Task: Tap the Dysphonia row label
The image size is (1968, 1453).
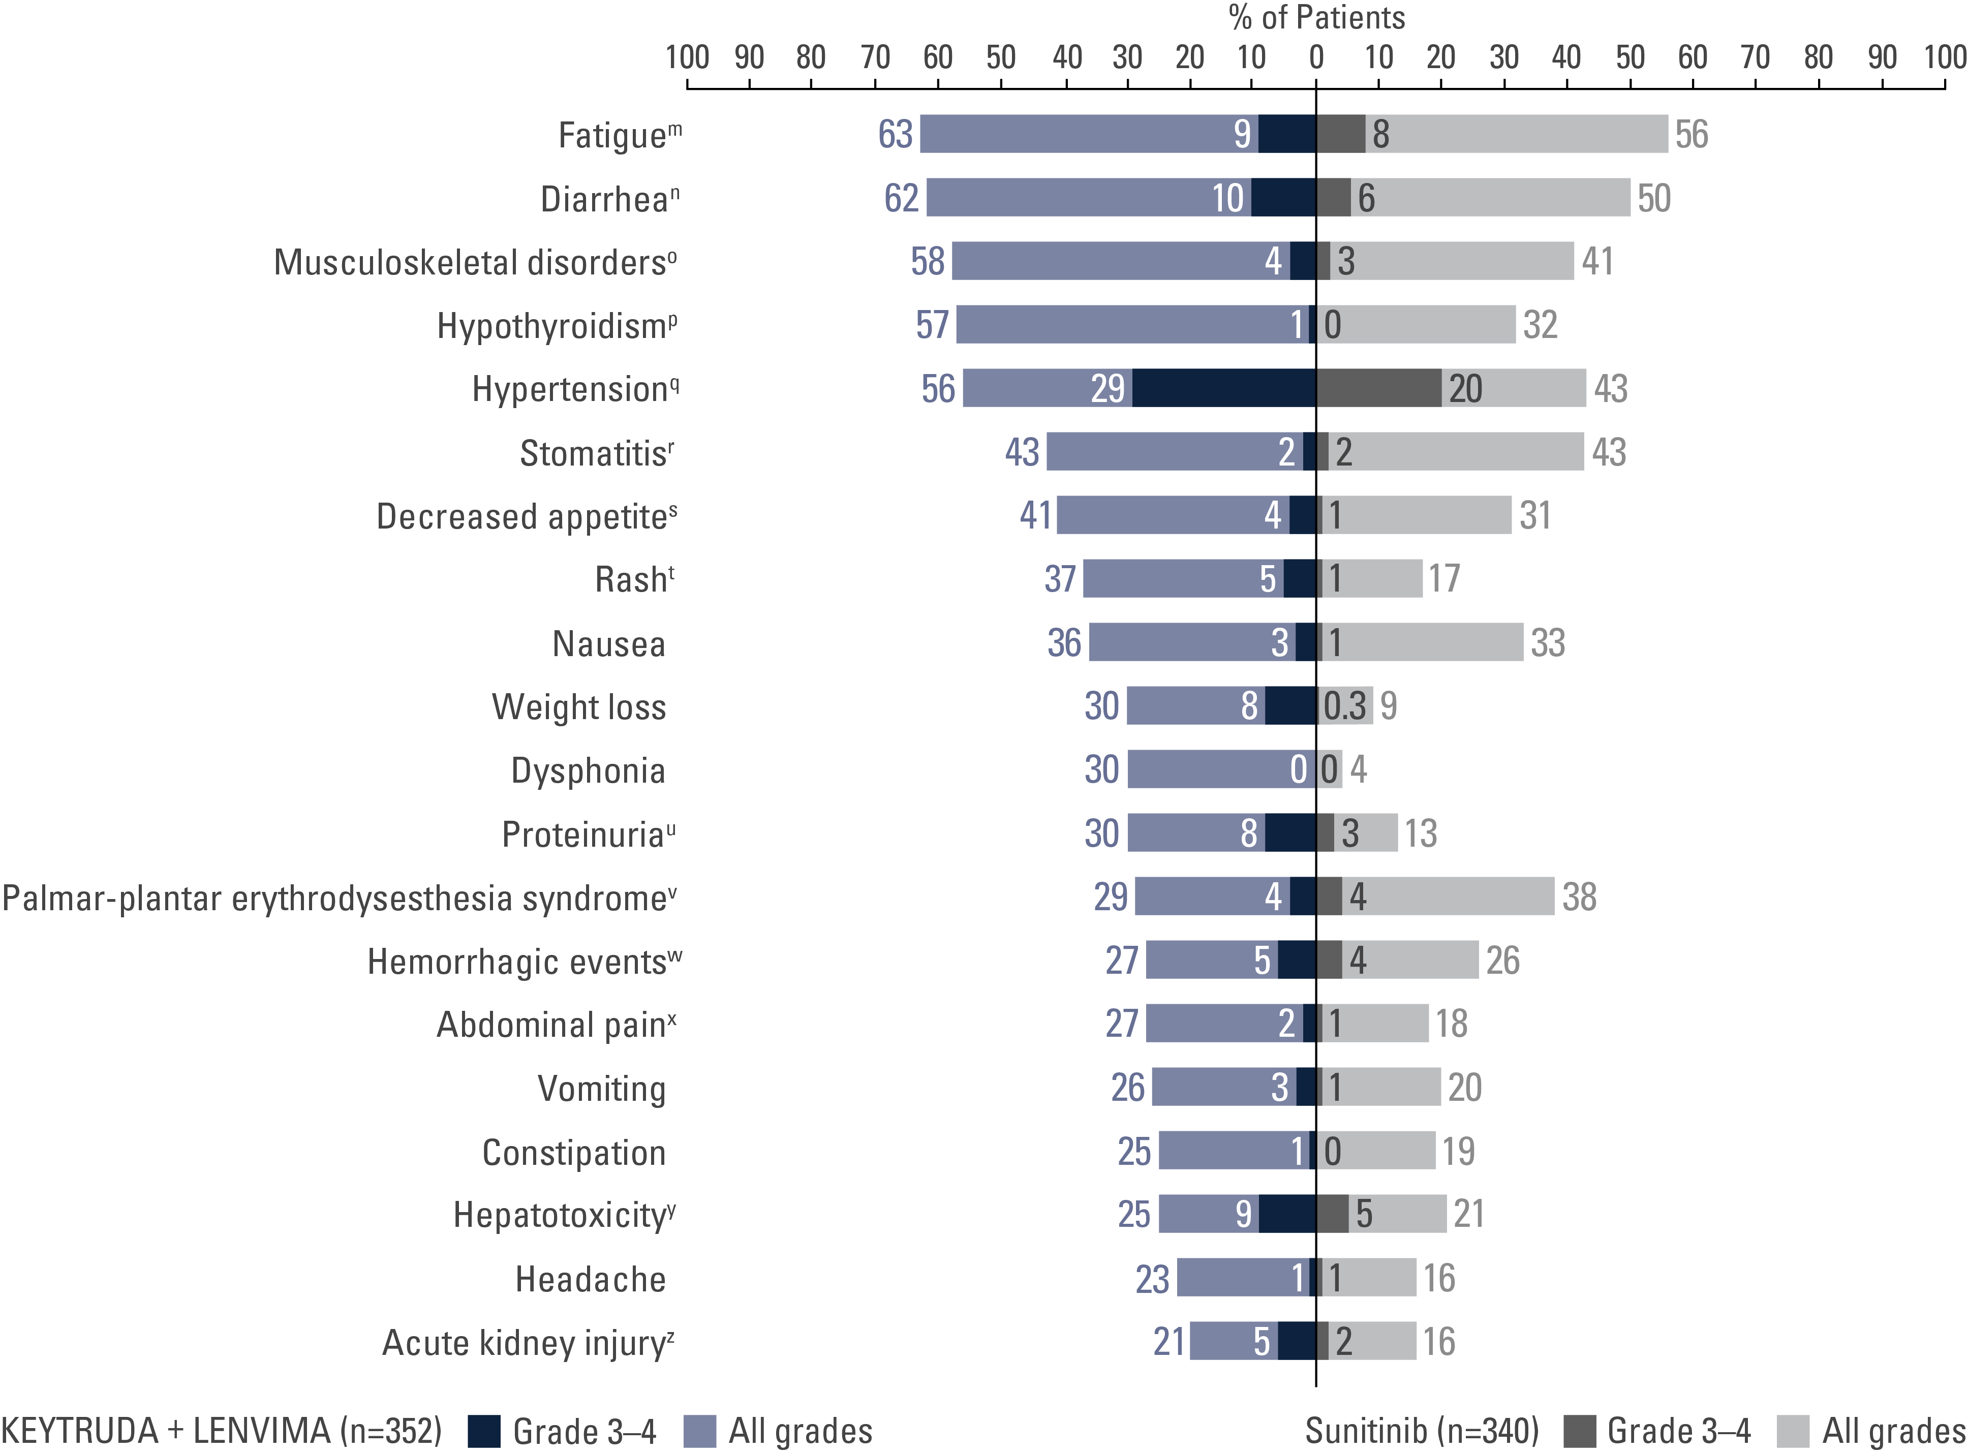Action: click(588, 770)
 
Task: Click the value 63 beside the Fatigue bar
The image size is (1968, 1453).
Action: click(895, 135)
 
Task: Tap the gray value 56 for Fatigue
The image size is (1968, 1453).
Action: click(1691, 135)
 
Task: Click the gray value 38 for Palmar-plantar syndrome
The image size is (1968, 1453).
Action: click(1579, 897)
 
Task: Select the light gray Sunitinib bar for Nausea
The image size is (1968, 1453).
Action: click(1429, 642)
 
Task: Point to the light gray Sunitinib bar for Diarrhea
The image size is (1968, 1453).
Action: click(1495, 198)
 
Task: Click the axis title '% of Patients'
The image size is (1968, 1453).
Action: click(1316, 18)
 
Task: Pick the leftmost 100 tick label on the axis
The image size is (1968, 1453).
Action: click(687, 58)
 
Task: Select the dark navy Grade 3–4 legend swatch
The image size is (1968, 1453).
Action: click(484, 1431)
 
